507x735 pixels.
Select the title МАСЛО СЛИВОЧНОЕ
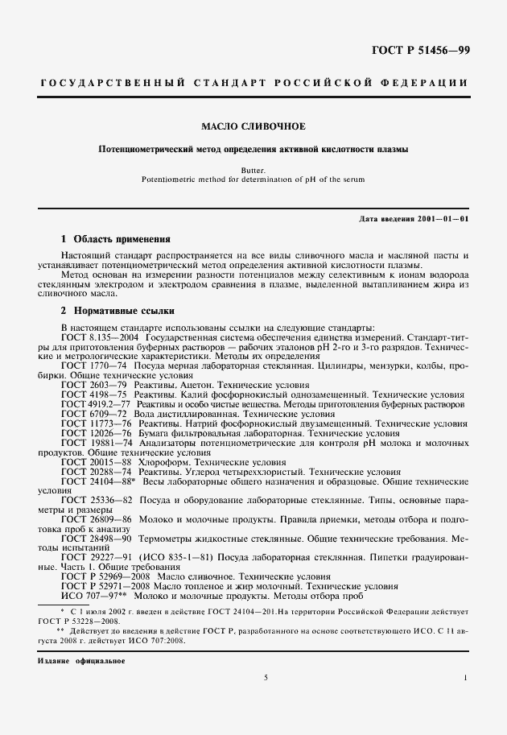253,126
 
